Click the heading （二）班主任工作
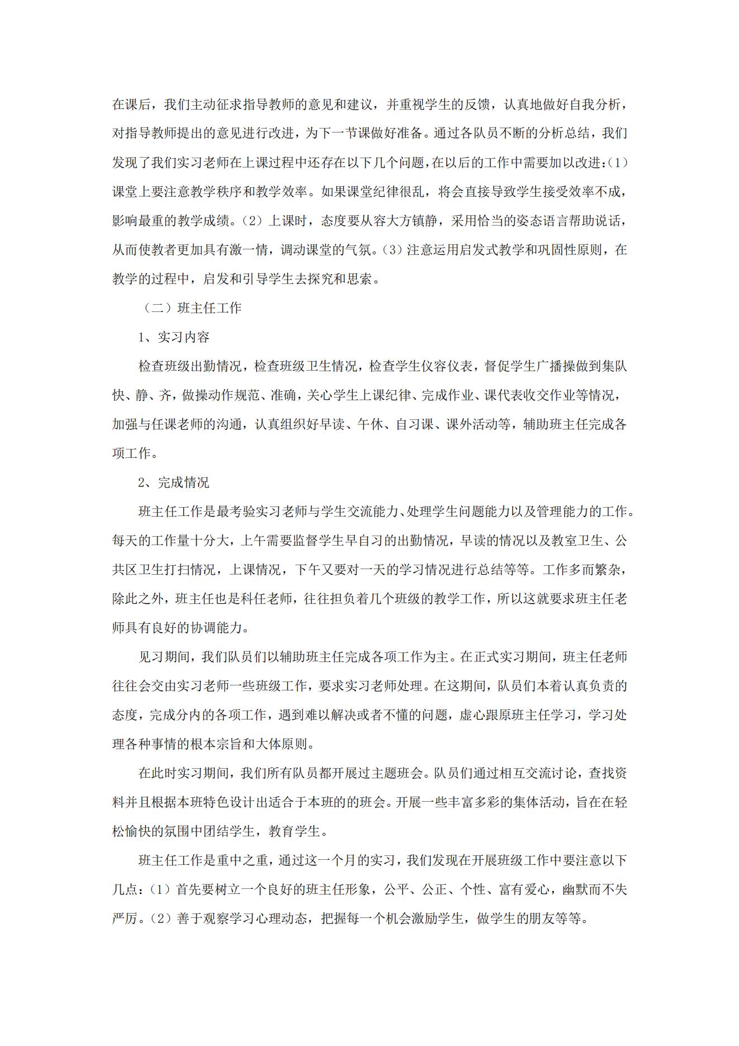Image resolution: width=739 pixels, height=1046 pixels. [190, 308]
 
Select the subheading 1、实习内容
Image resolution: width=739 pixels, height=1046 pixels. [174, 337]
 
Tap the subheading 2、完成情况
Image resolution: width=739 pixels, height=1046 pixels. [174, 482]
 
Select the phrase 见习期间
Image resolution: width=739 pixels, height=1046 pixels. [164, 657]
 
